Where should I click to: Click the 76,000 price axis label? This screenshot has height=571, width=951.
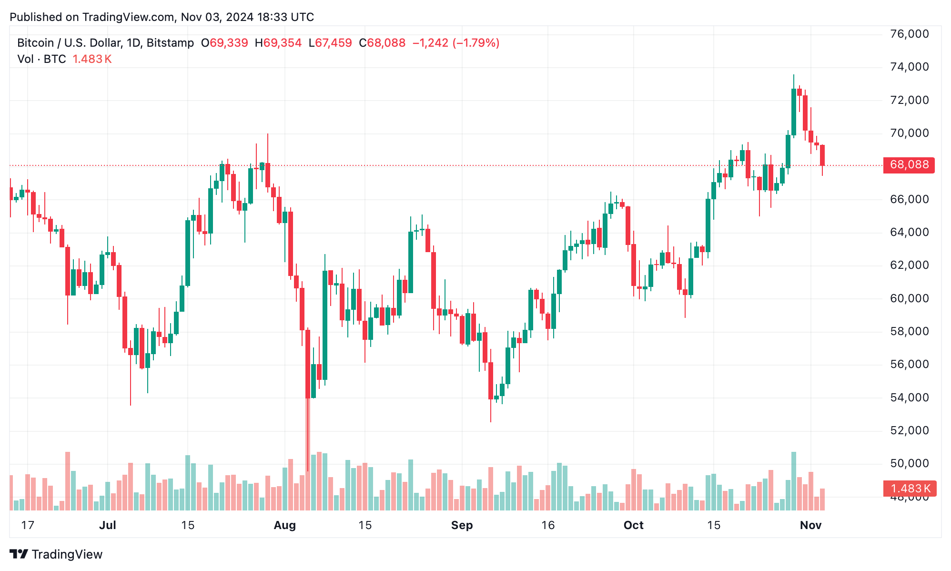pos(909,34)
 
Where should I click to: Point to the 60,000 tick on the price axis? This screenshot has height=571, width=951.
pos(909,298)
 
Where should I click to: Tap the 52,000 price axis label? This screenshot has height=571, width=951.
pos(909,430)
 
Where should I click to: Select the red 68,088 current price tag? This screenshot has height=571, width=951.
pos(909,165)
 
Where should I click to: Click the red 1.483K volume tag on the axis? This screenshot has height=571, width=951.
pos(910,489)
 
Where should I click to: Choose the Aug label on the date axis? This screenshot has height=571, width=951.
pos(284,525)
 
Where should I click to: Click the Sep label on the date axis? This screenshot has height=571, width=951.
pos(462,525)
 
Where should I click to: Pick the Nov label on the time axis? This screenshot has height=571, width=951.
pos(810,525)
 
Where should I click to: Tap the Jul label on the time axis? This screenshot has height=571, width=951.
pos(108,525)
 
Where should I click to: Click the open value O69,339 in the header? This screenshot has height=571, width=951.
pos(224,43)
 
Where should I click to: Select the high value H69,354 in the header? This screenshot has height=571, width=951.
pos(278,43)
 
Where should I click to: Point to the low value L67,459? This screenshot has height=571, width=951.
pos(330,43)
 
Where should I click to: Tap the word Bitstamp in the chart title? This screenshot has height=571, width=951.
pos(170,43)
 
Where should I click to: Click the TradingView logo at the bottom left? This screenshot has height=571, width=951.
pos(56,554)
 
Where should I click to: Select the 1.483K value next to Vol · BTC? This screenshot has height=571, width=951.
pos(92,59)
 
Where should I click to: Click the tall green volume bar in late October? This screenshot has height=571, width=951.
pos(794,480)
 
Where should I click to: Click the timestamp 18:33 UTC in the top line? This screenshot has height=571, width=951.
pos(285,17)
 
